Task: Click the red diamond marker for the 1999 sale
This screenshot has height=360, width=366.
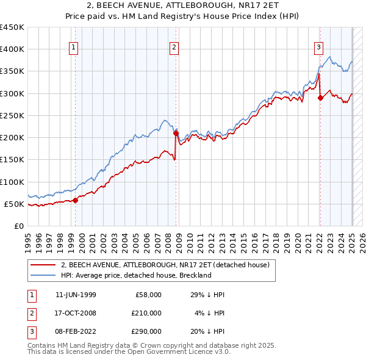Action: (76, 200)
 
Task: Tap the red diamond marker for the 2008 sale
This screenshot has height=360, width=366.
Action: (176, 133)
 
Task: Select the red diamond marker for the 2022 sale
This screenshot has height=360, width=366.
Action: (320, 98)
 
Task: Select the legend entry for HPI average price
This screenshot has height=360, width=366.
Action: (135, 275)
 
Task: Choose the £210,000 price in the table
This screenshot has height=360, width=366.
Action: (146, 313)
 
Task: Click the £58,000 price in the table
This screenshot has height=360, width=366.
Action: (148, 295)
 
